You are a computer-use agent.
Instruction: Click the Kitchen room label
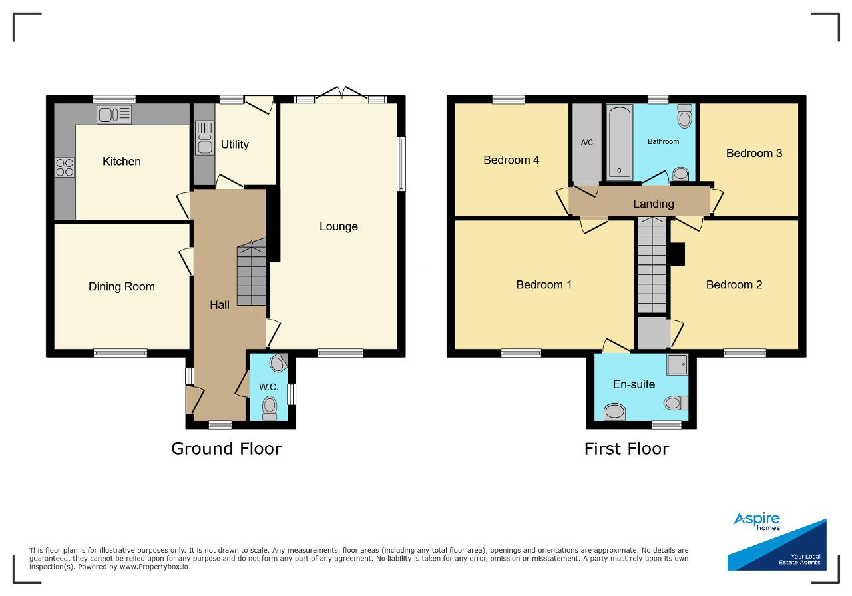tap(122, 161)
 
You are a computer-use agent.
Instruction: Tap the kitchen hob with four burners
tap(65, 168)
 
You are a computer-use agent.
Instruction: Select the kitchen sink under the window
tap(114, 115)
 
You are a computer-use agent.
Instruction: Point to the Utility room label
tap(235, 145)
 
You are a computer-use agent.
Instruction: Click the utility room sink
tap(204, 138)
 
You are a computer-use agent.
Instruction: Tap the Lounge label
tap(339, 227)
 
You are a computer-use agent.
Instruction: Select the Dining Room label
tap(122, 286)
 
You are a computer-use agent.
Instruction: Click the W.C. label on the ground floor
tap(268, 387)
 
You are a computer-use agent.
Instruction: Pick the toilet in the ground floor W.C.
tap(270, 408)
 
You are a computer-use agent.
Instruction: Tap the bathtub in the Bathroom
tap(620, 143)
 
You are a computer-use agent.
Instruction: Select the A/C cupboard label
tap(587, 143)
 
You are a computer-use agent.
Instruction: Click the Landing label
tap(654, 204)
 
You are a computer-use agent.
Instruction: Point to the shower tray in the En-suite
tap(678, 365)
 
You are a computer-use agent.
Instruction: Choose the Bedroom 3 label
tap(754, 153)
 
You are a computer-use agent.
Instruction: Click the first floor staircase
tap(652, 265)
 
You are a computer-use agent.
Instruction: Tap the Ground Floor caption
tap(226, 449)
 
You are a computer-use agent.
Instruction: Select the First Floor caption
tap(626, 449)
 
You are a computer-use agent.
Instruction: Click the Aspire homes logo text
tap(757, 521)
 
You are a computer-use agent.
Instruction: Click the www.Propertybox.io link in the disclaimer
tap(154, 567)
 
